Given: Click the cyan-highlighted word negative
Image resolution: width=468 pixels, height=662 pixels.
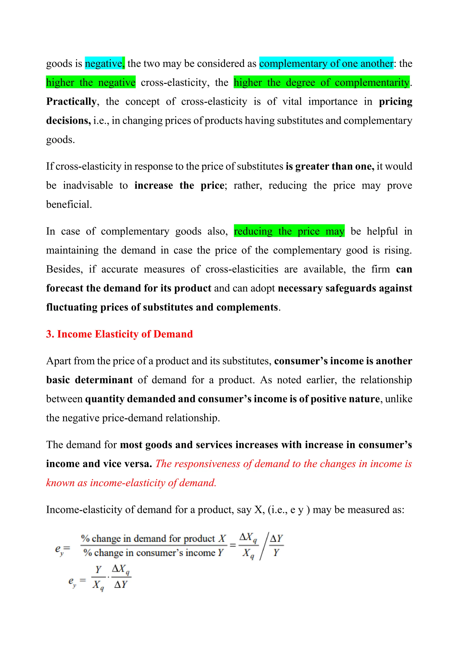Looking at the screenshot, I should pyautogui.click(x=104, y=63).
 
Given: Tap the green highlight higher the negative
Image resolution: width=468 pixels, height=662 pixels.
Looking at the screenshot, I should pyautogui.click(x=90, y=83).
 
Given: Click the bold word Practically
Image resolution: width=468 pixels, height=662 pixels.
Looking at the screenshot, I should pyautogui.click(x=71, y=101).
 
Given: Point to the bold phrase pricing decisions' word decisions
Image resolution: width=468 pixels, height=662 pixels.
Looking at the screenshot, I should pyautogui.click(x=68, y=120).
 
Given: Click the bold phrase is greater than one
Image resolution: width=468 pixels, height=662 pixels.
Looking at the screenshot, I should pyautogui.click(x=330, y=166).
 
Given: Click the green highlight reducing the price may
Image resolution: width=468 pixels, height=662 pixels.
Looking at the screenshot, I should pyautogui.click(x=289, y=231).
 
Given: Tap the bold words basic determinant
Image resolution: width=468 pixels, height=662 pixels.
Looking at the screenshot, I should pyautogui.click(x=89, y=380).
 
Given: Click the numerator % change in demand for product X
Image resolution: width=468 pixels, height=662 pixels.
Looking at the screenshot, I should pyautogui.click(x=153, y=539).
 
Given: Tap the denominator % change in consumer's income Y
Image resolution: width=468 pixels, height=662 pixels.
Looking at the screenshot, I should pyautogui.click(x=153, y=553).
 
